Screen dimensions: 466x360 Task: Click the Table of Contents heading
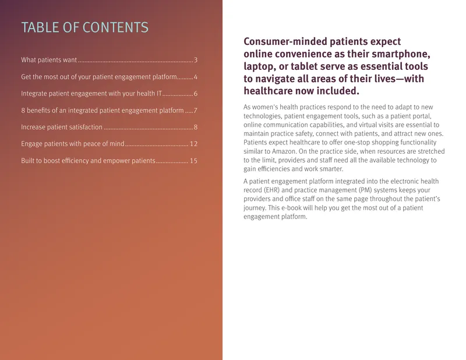(x=84, y=27)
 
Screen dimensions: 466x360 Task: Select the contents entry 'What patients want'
(x=49, y=60)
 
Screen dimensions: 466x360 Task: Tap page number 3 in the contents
(x=196, y=60)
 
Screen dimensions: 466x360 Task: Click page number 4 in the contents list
(x=196, y=77)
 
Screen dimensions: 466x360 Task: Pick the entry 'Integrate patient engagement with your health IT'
(x=91, y=94)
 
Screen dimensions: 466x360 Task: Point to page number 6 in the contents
(x=196, y=94)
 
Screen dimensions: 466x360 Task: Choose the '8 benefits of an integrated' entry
(x=103, y=111)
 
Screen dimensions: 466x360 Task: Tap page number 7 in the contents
(x=196, y=111)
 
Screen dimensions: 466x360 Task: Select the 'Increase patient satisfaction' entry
(x=62, y=127)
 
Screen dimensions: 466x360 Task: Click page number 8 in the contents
(x=196, y=127)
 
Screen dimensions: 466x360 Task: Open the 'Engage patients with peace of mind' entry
(x=72, y=144)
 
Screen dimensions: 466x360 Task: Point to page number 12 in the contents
(x=194, y=144)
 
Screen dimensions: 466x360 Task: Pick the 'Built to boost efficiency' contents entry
(x=88, y=161)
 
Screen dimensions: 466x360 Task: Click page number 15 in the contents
(x=194, y=161)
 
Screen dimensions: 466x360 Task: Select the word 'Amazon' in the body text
(x=284, y=151)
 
